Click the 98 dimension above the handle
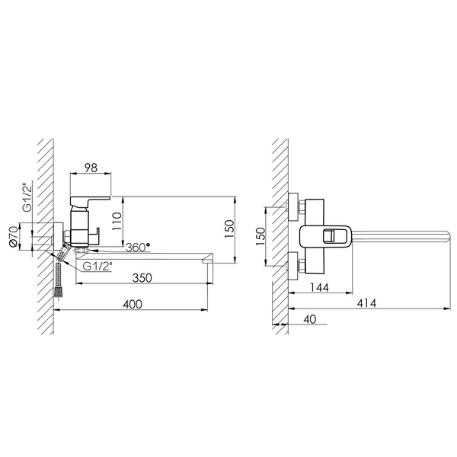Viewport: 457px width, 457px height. (x=91, y=168)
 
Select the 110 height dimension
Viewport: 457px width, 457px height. (x=117, y=221)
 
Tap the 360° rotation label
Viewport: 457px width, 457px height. (x=138, y=248)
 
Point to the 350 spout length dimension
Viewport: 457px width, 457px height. (x=142, y=278)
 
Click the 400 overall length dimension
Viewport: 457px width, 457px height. (x=133, y=304)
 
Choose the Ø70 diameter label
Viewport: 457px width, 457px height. (x=14, y=237)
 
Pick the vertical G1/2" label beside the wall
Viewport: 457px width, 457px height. (x=28, y=197)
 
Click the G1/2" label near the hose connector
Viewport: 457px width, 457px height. (x=97, y=266)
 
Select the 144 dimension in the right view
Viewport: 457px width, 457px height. (x=319, y=287)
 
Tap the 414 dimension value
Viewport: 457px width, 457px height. (x=366, y=303)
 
